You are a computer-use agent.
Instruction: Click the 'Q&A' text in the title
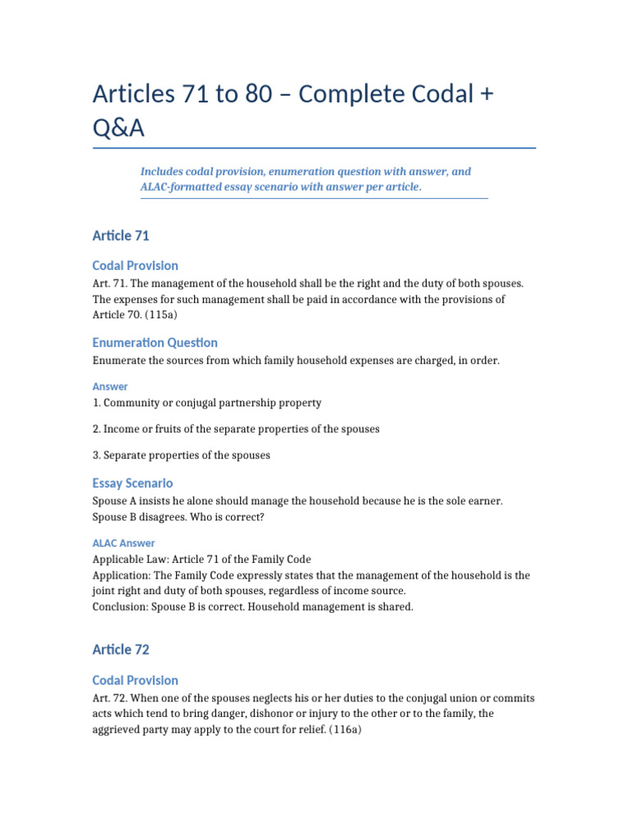coord(122,128)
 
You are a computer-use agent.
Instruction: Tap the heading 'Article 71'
coord(121,236)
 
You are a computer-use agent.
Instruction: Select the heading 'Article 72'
coord(121,650)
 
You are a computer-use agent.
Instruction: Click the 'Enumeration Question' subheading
coord(155,343)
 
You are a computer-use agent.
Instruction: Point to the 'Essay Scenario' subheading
coord(133,483)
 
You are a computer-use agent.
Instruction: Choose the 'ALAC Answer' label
coord(124,543)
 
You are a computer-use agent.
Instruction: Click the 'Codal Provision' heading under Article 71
coord(135,266)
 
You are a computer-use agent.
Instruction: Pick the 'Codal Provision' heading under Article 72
coord(135,680)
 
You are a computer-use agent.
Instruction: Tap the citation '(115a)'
coord(170,315)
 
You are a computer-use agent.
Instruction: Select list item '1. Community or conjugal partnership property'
coord(207,403)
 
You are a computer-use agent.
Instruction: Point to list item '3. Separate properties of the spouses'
coord(181,455)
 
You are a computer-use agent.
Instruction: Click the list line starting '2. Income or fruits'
coord(236,429)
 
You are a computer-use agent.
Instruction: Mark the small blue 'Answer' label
coord(111,386)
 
